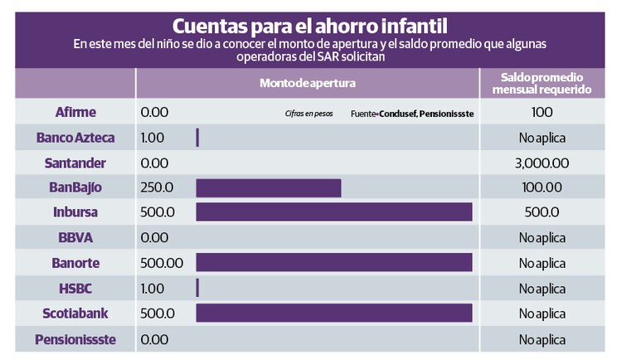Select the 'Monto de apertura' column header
tap(307, 84)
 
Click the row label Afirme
tap(75, 111)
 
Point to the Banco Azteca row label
tap(75, 137)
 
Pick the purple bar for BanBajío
tap(268, 187)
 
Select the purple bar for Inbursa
tap(333, 212)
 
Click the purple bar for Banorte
tap(333, 263)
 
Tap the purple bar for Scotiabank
tap(333, 314)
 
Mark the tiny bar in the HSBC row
tap(197, 288)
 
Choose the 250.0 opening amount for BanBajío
tap(158, 187)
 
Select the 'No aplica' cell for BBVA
tap(542, 238)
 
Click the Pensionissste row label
tap(75, 339)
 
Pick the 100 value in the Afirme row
tap(542, 111)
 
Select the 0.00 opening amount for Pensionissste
tap(155, 339)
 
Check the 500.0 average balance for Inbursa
tap(542, 212)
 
